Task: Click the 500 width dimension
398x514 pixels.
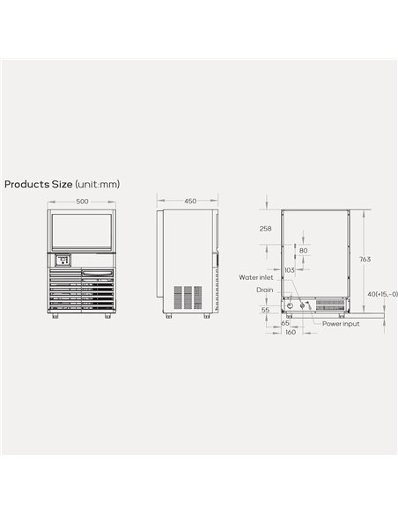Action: pyautogui.click(x=82, y=202)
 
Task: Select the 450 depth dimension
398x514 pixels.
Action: pyautogui.click(x=189, y=202)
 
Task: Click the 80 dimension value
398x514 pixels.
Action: pyautogui.click(x=305, y=250)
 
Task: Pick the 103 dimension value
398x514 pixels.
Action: pyautogui.click(x=289, y=270)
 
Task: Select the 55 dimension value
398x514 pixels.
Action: pyautogui.click(x=265, y=310)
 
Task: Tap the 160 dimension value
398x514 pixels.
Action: pyautogui.click(x=290, y=332)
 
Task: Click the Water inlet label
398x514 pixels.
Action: pyautogui.click(x=254, y=276)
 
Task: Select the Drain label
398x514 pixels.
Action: pyautogui.click(x=264, y=289)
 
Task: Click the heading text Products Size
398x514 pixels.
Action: pyautogui.click(x=38, y=184)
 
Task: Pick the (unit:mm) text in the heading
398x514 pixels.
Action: pyautogui.click(x=97, y=184)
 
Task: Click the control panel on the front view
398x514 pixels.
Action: pyautogui.click(x=63, y=261)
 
